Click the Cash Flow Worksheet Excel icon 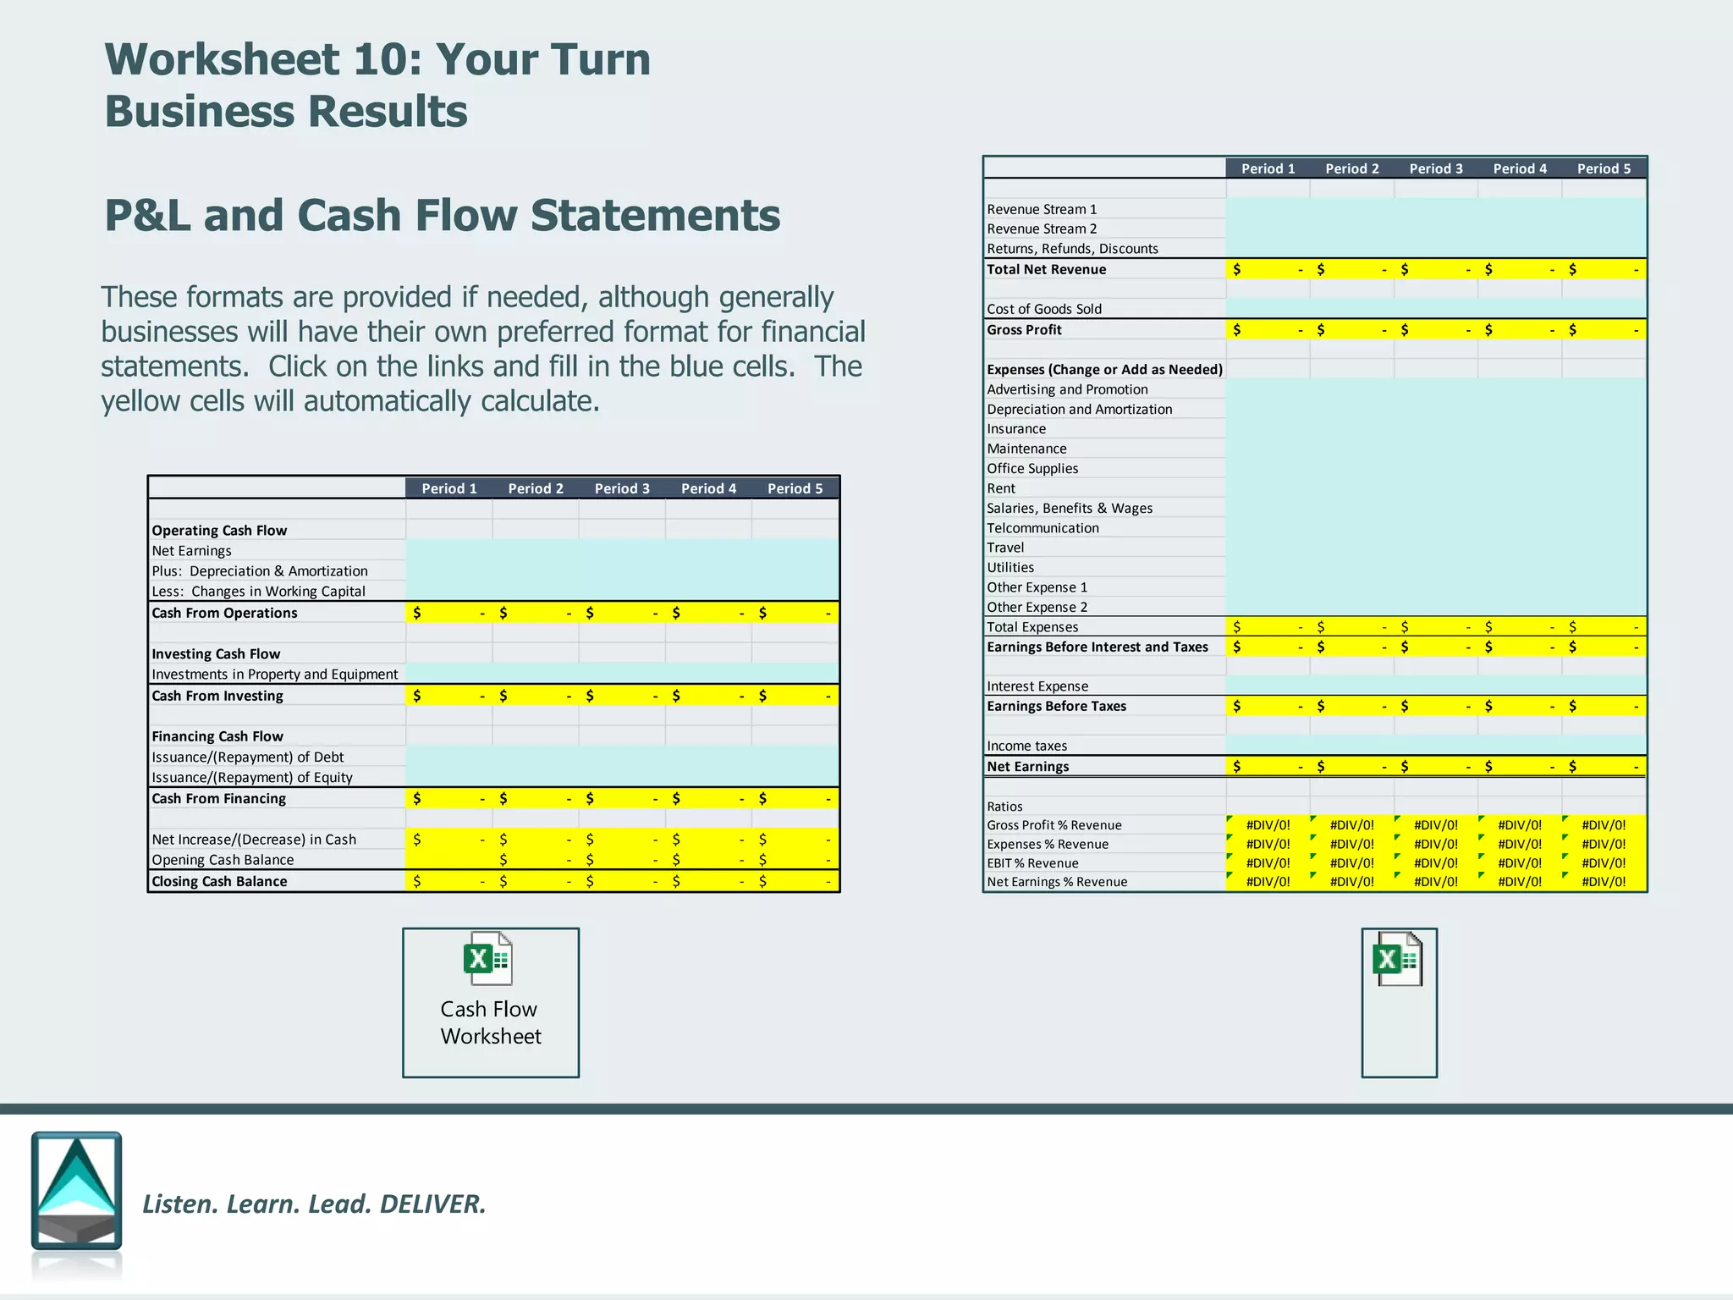[488, 959]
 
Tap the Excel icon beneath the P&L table [1397, 960]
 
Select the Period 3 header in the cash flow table [622, 488]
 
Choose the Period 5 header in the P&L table [1604, 168]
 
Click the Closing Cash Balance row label [219, 881]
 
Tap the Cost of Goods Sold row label [1044, 309]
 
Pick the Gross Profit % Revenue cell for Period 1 [1268, 825]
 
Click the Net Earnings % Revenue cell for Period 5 [1604, 882]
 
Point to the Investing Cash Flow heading [216, 653]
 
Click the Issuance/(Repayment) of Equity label [252, 777]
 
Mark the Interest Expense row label [1037, 686]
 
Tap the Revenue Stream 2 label [1042, 229]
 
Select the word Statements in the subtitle [655, 215]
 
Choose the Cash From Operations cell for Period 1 [448, 613]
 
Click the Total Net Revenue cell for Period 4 [1520, 269]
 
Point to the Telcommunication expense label [1043, 528]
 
